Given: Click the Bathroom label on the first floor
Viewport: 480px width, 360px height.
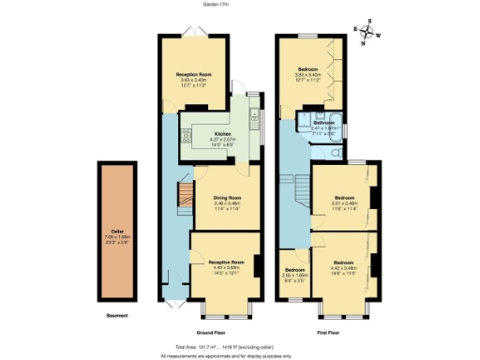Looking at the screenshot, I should pyautogui.click(x=324, y=122).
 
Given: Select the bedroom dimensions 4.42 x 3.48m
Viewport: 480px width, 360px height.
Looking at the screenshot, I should pyautogui.click(x=344, y=267).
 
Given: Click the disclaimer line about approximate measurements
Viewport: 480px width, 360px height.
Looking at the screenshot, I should pyautogui.click(x=239, y=355).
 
